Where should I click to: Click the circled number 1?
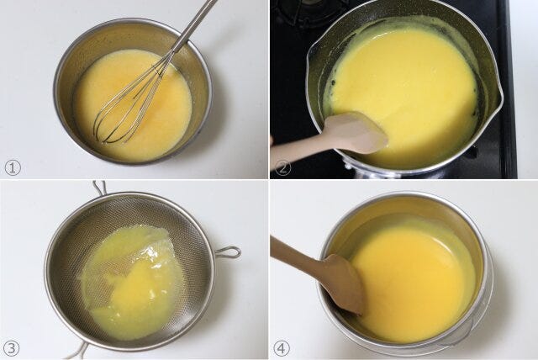point(13,168)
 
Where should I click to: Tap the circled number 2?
point(282,168)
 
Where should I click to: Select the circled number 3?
point(11,349)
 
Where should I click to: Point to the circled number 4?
point(282,349)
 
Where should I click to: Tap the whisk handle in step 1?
point(195,26)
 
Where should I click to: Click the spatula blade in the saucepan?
point(356,131)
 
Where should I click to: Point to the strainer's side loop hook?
point(228,252)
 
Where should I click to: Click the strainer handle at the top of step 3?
point(99,188)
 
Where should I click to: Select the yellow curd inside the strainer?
point(132,282)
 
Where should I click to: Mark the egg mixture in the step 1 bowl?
point(132,104)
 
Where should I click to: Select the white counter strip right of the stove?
point(527,89)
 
